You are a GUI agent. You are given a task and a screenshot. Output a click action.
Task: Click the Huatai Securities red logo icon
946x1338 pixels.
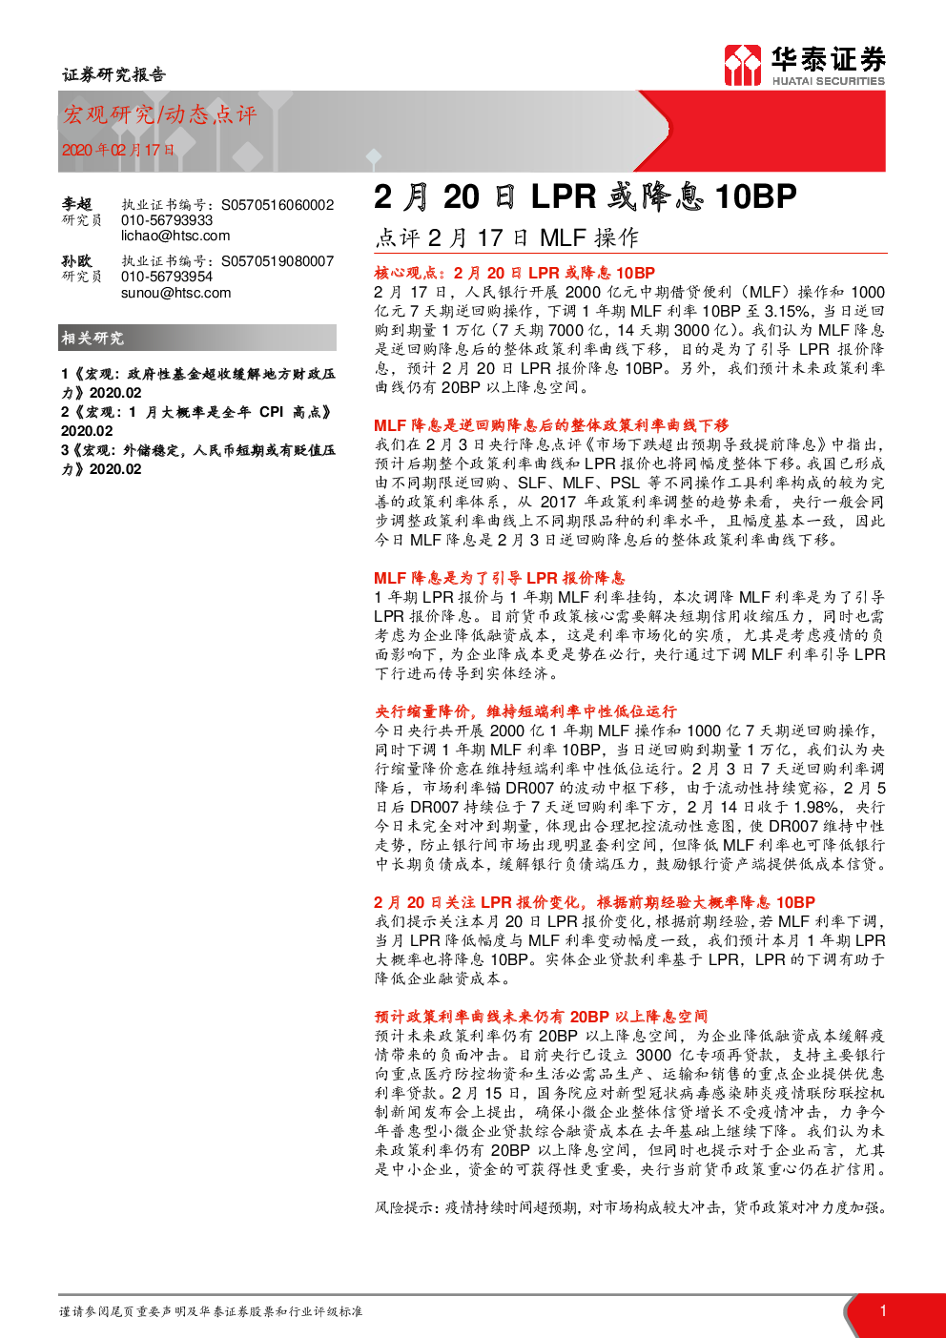pyautogui.click(x=742, y=65)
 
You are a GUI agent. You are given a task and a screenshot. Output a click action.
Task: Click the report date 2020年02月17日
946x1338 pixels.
pyautogui.click(x=118, y=150)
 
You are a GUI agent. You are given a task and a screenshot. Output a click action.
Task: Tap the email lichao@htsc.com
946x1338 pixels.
pyautogui.click(x=175, y=236)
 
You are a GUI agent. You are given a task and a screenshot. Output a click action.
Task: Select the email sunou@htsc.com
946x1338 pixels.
pyautogui.click(x=175, y=293)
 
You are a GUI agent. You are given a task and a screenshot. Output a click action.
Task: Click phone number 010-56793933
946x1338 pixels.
pyautogui.click(x=167, y=220)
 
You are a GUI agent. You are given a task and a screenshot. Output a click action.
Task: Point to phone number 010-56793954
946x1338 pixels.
pyautogui.click(x=167, y=277)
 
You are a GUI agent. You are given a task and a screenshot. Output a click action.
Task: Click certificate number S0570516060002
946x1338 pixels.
pyautogui.click(x=278, y=205)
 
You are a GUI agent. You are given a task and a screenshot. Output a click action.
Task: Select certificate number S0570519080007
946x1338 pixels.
pyautogui.click(x=278, y=261)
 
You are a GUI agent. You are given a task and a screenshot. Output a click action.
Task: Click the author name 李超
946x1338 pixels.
pyautogui.click(x=76, y=204)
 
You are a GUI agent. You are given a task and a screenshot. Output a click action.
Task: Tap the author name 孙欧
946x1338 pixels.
pyautogui.click(x=76, y=261)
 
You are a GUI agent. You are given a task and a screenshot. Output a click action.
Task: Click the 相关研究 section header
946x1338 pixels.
pyautogui.click(x=93, y=339)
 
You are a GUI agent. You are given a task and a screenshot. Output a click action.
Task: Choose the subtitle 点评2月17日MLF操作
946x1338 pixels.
pyautogui.click(x=506, y=237)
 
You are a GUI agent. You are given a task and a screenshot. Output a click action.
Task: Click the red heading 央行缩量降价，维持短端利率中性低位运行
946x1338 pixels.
pyautogui.click(x=525, y=711)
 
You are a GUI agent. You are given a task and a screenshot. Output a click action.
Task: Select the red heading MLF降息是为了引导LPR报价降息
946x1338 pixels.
pyautogui.click(x=500, y=578)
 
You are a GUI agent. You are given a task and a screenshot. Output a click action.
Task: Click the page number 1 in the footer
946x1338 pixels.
pyautogui.click(x=883, y=1310)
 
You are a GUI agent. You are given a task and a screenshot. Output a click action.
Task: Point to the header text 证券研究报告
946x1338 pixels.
pyautogui.click(x=113, y=74)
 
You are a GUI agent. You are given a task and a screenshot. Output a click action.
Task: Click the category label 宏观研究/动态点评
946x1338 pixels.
pyautogui.click(x=159, y=114)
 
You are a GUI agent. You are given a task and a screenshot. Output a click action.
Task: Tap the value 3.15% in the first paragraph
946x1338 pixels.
pyautogui.click(x=787, y=311)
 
